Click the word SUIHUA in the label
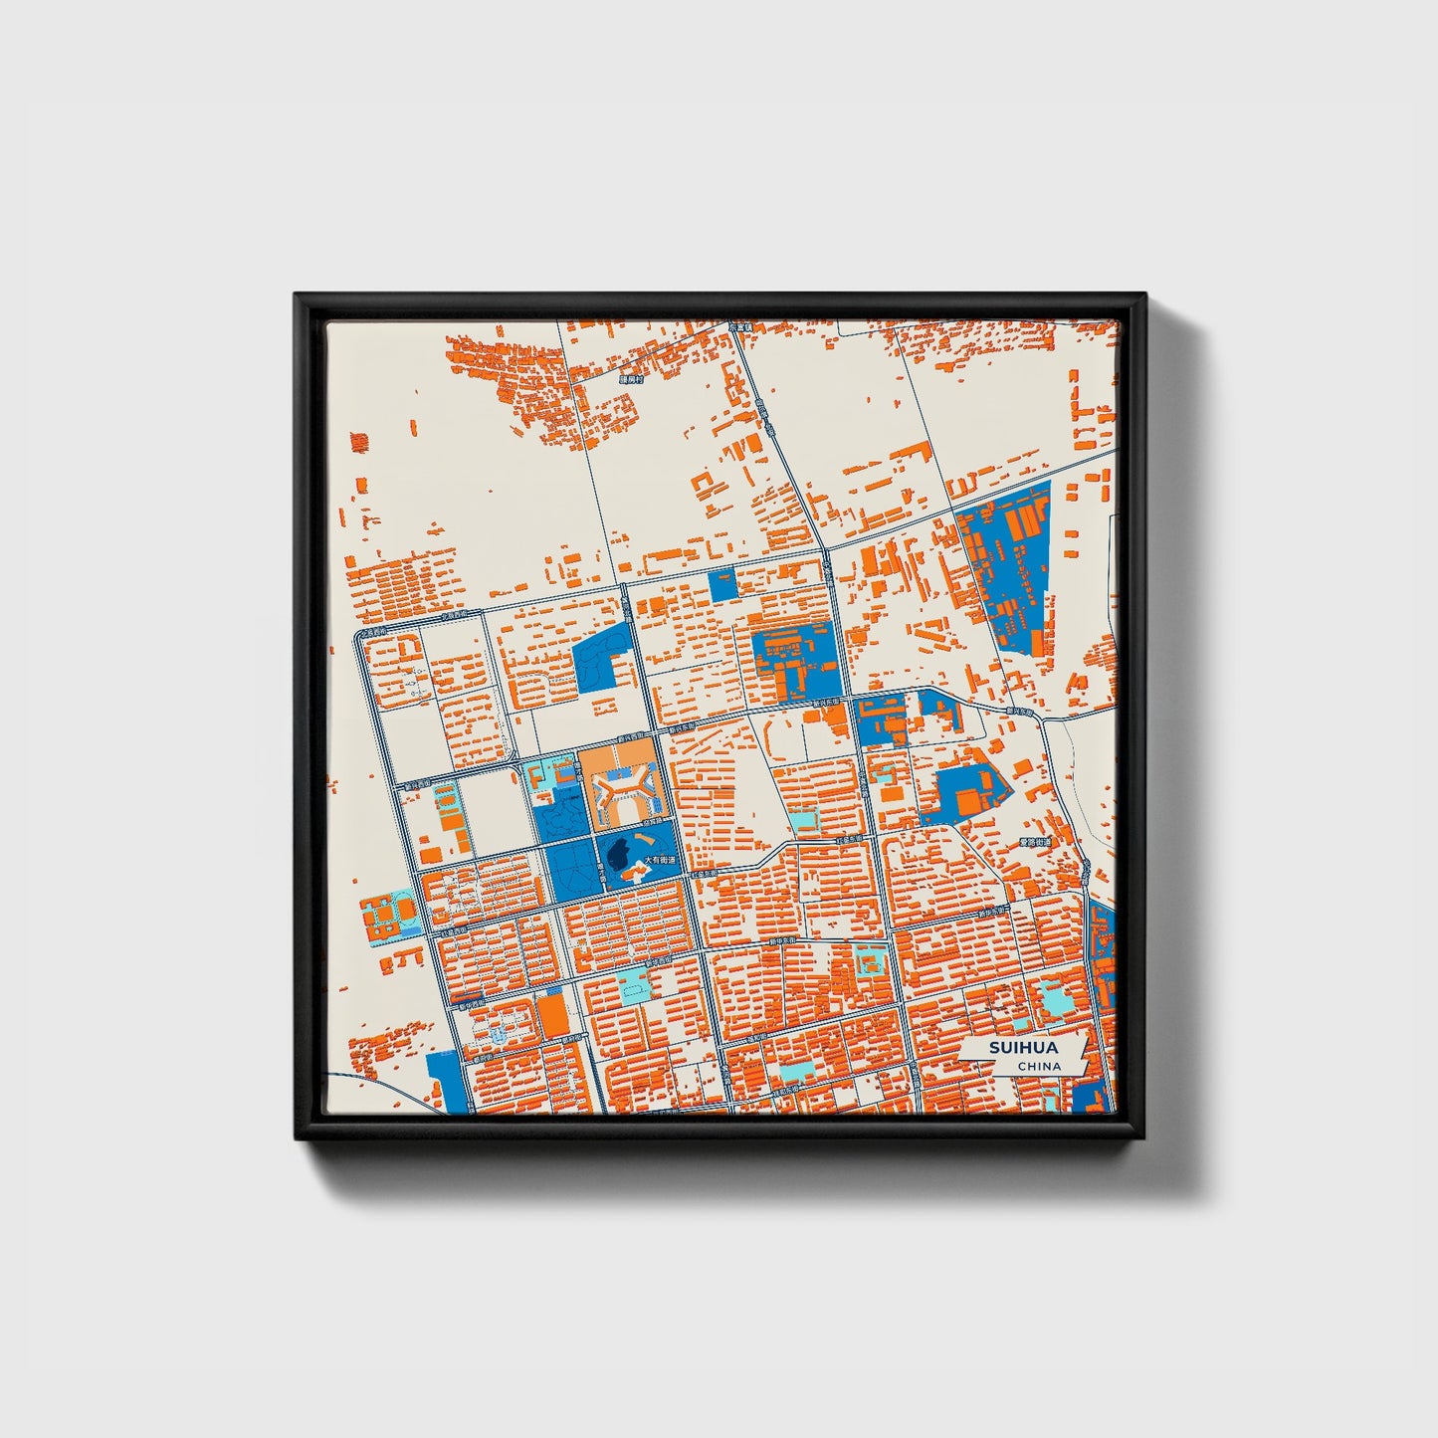[x=1023, y=1048]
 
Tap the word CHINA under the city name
[x=1039, y=1067]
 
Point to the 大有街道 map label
[x=659, y=861]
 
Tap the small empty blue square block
[x=723, y=585]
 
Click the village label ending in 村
[x=631, y=379]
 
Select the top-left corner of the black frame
[x=296, y=295]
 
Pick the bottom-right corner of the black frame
[x=1145, y=1139]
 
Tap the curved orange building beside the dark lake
[x=635, y=873]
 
